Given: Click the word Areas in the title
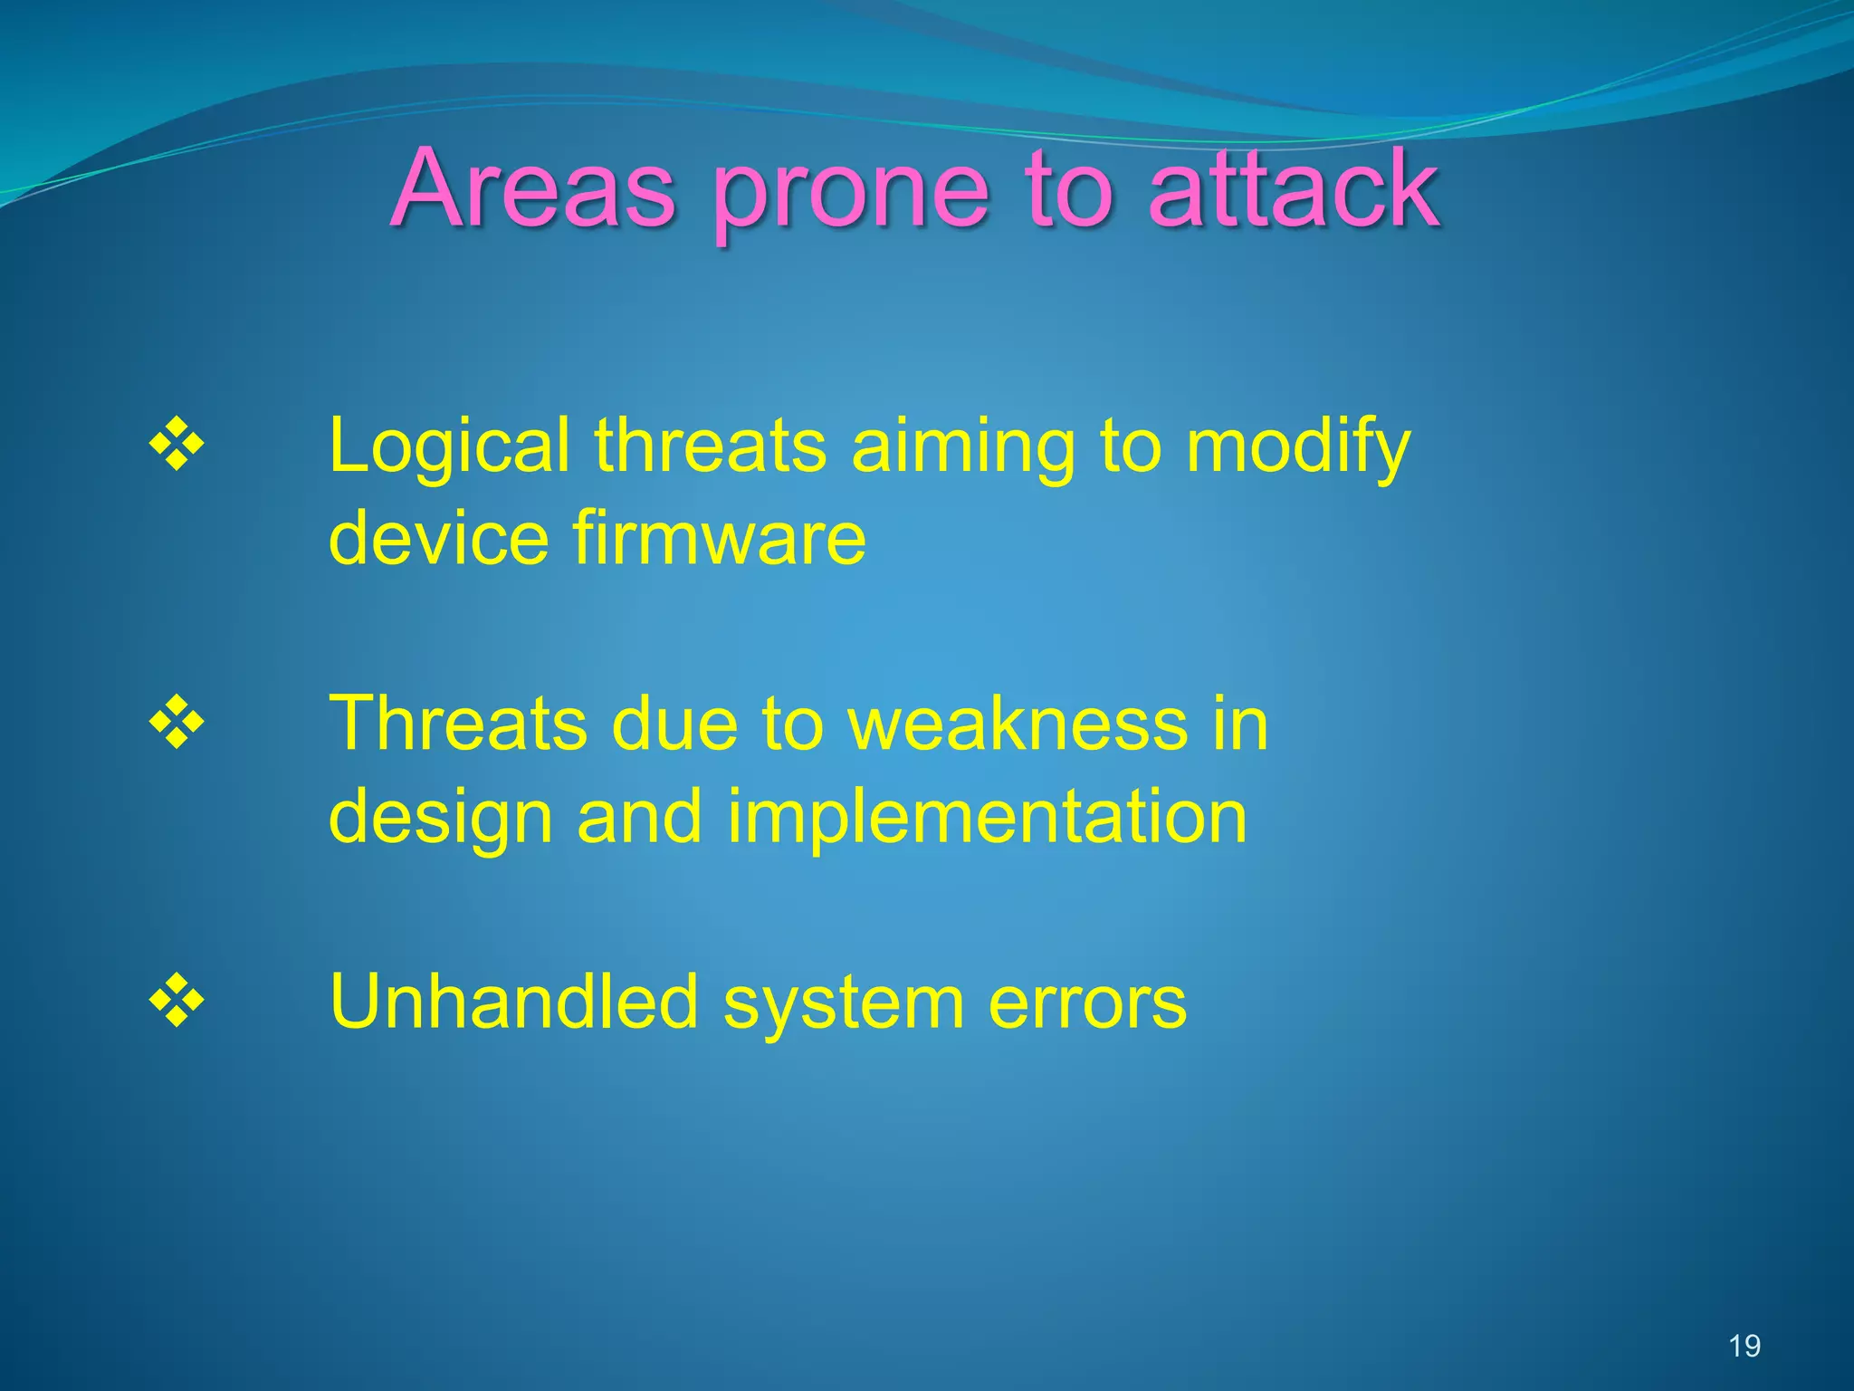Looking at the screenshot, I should (534, 188).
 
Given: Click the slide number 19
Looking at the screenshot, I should (1744, 1346).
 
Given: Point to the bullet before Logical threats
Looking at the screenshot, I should (177, 446).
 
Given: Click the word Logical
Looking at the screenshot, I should (449, 446).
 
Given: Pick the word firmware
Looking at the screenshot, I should (720, 538).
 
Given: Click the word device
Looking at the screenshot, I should (438, 538).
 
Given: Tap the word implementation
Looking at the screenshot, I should (987, 818).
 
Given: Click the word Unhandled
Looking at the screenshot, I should (514, 1002).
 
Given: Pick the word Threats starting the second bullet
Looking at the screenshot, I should (458, 724).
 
